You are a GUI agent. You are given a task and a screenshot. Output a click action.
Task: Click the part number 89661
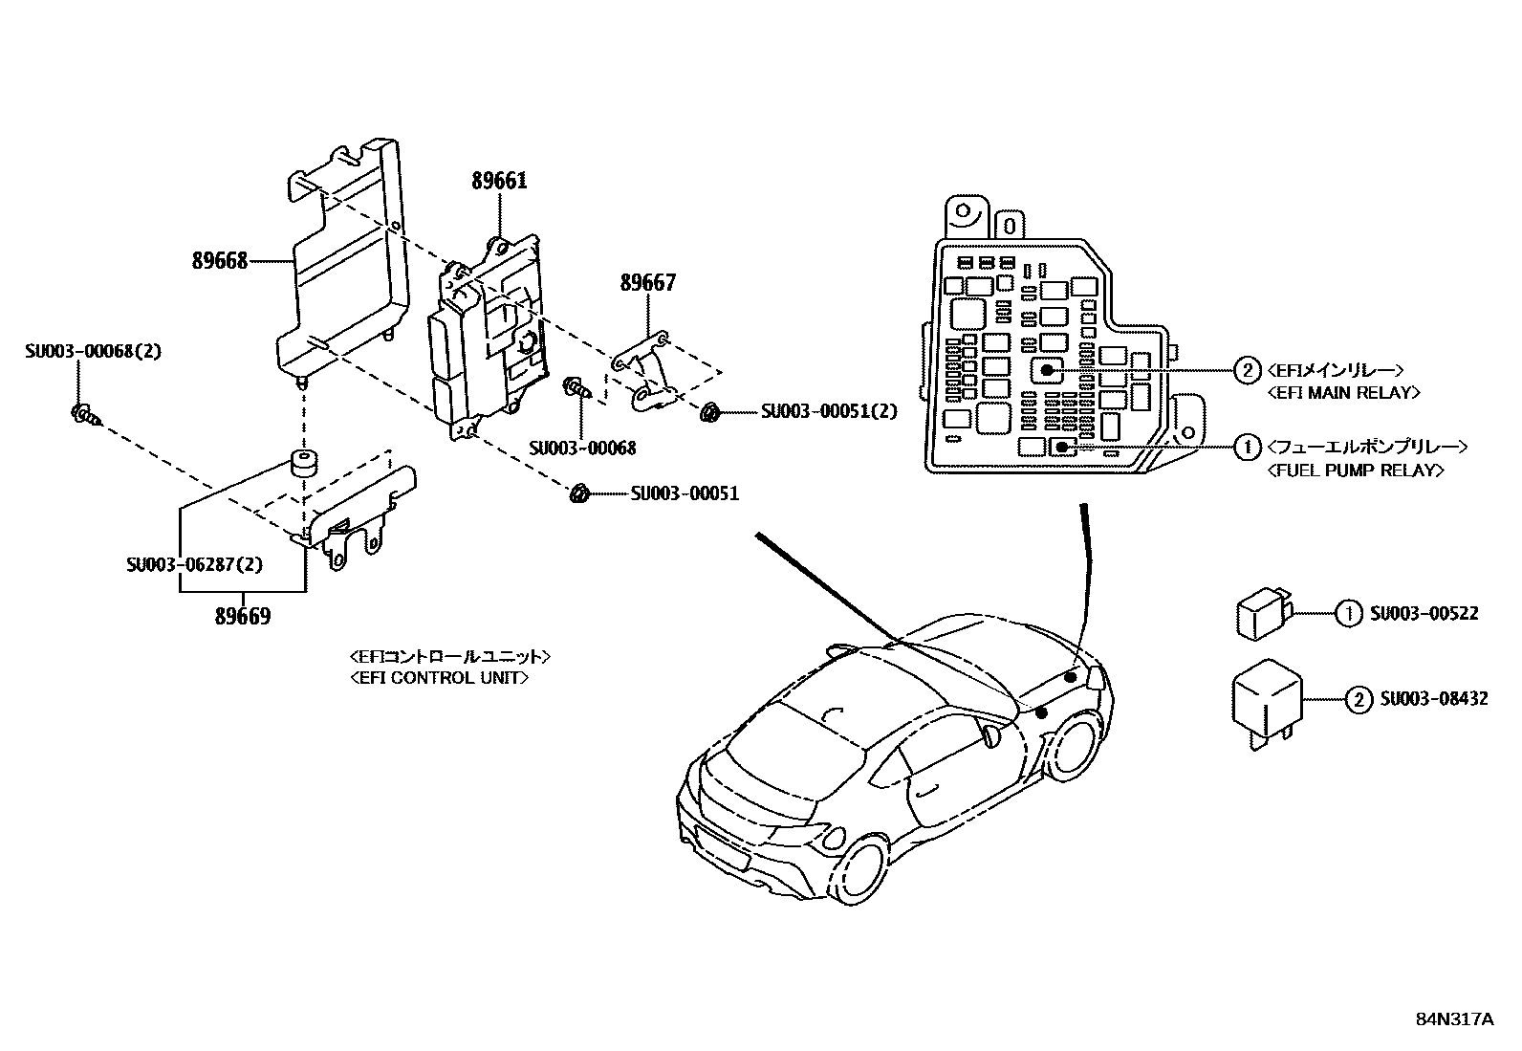click(x=498, y=181)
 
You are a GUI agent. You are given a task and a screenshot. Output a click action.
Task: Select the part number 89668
click(x=220, y=260)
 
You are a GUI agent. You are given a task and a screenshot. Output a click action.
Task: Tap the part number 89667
click(x=647, y=282)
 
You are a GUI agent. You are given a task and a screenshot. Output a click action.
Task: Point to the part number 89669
click(x=242, y=617)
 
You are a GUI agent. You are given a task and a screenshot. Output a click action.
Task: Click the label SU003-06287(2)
click(x=194, y=564)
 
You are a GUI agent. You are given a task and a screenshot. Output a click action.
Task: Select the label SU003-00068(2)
click(x=93, y=351)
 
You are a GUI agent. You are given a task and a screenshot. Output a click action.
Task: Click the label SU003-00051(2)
click(x=829, y=411)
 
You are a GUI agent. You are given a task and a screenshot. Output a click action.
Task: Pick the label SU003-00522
click(x=1424, y=613)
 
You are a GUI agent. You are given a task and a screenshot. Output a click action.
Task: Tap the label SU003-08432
click(x=1433, y=699)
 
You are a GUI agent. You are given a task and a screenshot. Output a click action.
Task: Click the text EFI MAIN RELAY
click(x=1342, y=392)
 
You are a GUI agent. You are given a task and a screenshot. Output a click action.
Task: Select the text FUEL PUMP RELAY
click(x=1355, y=470)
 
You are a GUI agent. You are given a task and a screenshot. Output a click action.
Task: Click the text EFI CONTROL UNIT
click(x=439, y=677)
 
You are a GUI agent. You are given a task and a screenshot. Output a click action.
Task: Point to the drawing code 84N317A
click(x=1454, y=1019)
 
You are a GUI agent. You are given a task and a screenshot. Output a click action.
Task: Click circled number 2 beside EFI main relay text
click(x=1247, y=370)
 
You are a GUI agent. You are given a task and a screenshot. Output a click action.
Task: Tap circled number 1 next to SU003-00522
click(x=1347, y=613)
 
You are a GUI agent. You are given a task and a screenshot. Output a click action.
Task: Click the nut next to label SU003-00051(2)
click(x=709, y=412)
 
